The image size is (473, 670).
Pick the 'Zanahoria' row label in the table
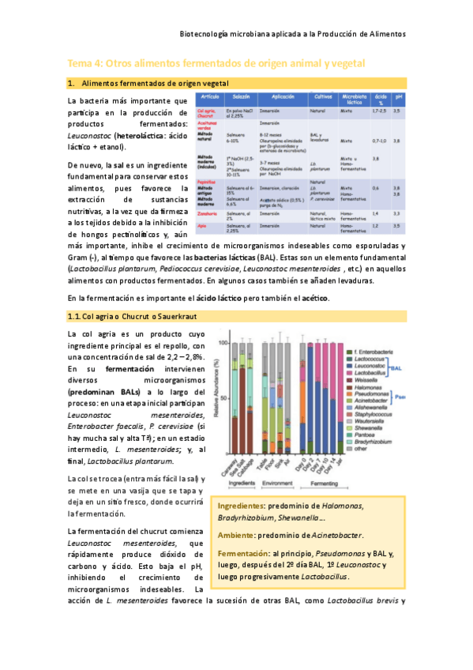[x=208, y=213]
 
